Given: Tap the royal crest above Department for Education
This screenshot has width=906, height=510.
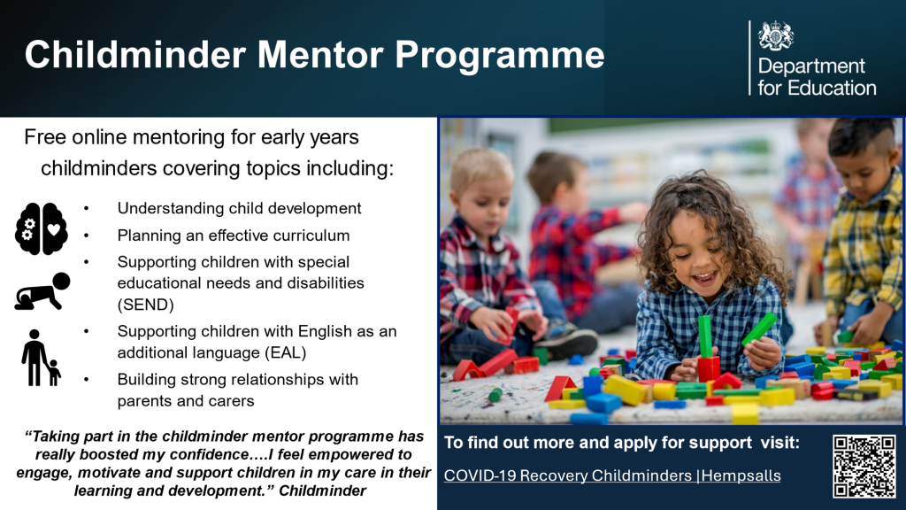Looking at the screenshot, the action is tap(775, 36).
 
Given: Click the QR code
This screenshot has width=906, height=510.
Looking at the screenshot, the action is tap(864, 466).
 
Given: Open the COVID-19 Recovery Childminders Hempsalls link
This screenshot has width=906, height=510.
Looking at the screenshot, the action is tap(612, 475).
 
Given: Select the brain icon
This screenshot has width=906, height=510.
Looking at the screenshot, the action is tap(41, 228).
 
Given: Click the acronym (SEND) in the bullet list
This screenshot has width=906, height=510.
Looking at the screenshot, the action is tap(146, 305).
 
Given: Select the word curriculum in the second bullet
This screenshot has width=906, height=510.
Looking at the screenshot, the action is tap(311, 236).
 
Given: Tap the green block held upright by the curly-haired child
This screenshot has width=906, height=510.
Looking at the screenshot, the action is tap(705, 336).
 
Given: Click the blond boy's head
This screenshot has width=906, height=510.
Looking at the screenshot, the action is tap(481, 188).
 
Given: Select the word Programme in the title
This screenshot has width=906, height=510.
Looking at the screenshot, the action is tap(500, 56).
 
